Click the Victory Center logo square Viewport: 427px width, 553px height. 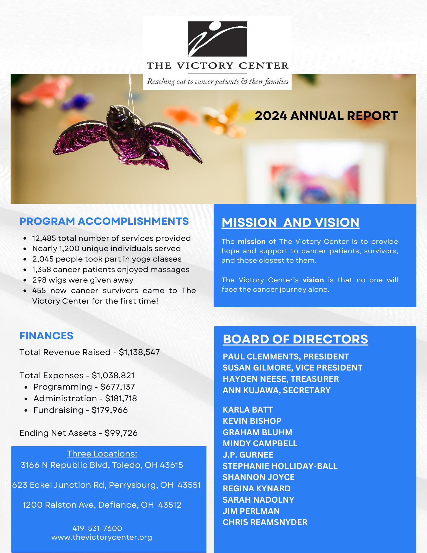pos(218,39)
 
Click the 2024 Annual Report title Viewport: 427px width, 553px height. pos(326,116)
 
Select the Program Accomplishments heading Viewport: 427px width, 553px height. pos(104,221)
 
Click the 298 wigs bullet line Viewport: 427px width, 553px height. pos(83,280)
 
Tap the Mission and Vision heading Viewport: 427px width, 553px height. pos(290,223)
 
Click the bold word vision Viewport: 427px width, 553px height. pos(313,280)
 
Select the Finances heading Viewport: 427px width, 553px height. pos(46,336)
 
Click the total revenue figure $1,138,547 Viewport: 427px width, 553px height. pos(139,352)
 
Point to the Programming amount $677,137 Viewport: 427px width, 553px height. pos(117,387)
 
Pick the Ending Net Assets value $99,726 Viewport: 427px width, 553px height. pos(121,433)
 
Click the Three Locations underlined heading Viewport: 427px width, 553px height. pos(102,454)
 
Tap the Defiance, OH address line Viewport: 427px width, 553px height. pos(102,505)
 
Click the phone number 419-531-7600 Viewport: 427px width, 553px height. pos(97,528)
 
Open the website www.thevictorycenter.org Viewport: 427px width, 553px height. pos(102,537)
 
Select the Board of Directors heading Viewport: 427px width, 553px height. pos(295,339)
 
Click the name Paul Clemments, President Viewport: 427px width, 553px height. pos(286,357)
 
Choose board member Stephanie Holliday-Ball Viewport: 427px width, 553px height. pos(280,466)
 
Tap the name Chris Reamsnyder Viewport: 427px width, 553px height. pos(265,522)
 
